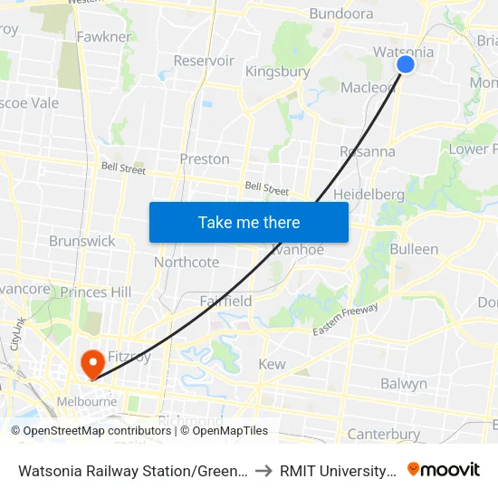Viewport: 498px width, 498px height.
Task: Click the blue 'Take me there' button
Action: [249, 222]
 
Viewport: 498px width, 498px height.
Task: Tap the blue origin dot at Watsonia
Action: [406, 63]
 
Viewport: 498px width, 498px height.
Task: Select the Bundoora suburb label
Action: [341, 14]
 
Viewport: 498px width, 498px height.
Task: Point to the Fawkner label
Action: [104, 37]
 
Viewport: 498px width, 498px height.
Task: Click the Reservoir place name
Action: [204, 61]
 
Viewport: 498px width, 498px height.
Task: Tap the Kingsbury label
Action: [278, 72]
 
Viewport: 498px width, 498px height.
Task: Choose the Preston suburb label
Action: [205, 158]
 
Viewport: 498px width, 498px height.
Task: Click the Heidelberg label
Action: [369, 195]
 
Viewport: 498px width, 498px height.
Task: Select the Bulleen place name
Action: [414, 249]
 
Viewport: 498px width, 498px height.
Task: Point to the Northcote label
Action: [187, 263]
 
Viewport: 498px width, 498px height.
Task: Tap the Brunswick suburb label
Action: [82, 242]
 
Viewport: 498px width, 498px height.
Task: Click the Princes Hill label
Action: [96, 292]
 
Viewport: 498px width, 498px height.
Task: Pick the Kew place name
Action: [272, 364]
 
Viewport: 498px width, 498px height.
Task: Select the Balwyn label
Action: [404, 383]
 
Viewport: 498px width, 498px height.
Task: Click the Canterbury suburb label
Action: [384, 435]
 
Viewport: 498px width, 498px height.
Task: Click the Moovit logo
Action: [444, 470]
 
